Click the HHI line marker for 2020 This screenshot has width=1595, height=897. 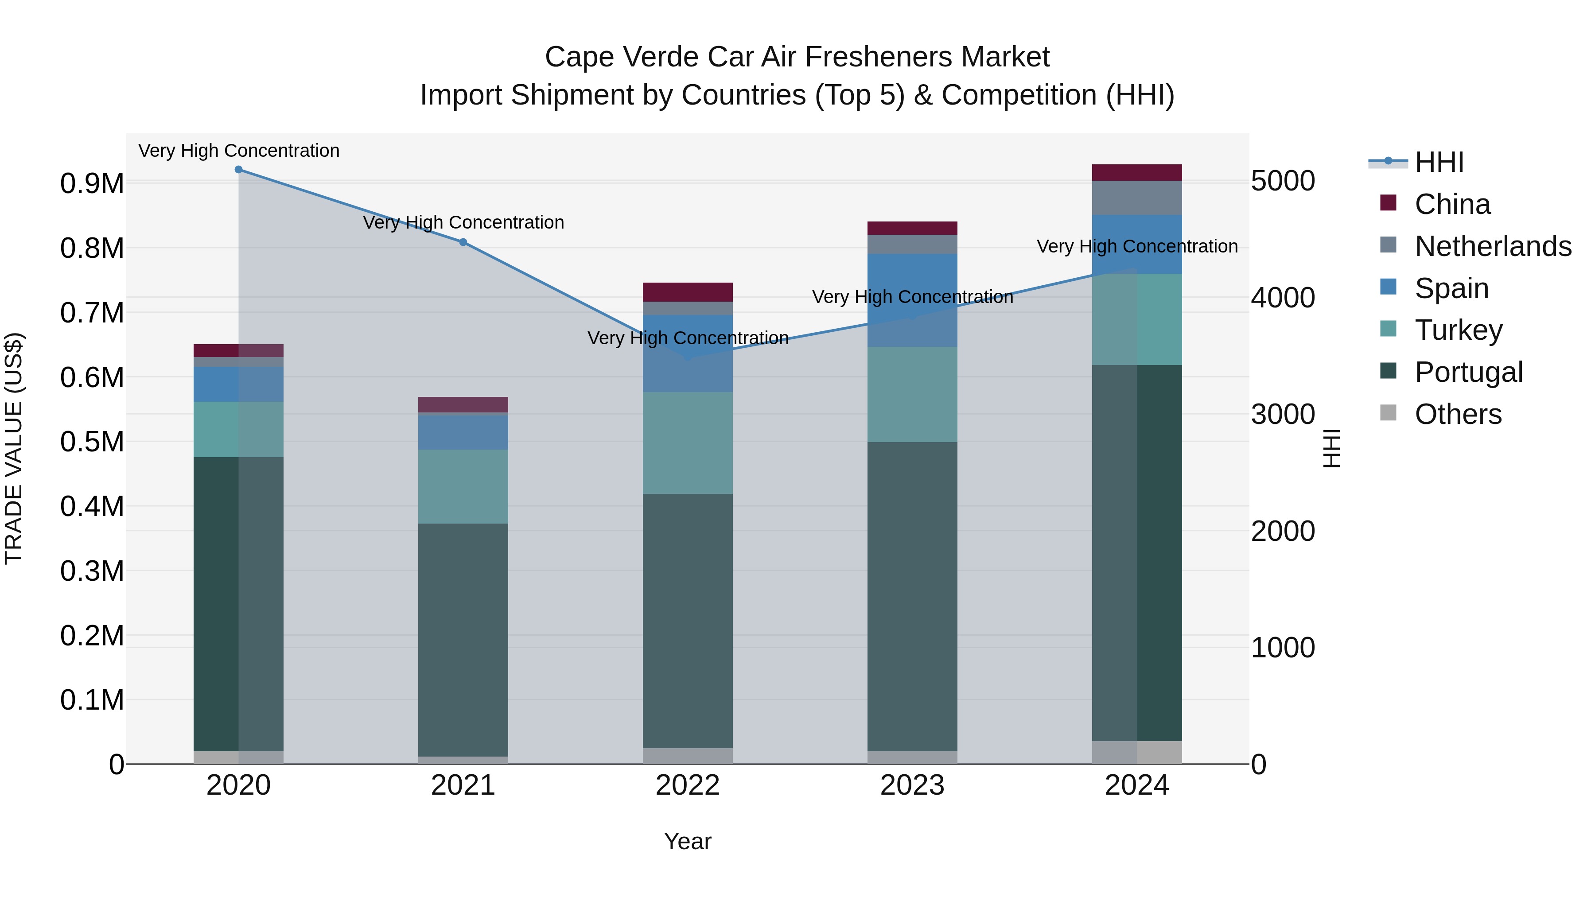point(238,170)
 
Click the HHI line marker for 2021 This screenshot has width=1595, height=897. point(463,242)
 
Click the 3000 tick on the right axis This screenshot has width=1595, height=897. point(1283,414)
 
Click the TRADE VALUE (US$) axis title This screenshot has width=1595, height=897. point(14,448)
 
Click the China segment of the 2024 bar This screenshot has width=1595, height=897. point(1137,173)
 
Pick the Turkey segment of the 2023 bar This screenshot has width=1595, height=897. point(912,394)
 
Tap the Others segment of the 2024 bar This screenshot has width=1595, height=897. point(1137,752)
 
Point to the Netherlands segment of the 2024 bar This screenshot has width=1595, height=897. point(1137,198)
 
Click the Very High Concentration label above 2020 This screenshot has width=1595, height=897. point(238,151)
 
